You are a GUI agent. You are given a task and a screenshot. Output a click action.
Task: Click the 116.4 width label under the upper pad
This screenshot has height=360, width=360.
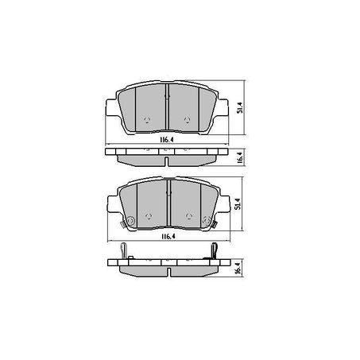click(x=167, y=140)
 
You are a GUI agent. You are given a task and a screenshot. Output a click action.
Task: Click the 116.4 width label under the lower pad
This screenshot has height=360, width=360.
click(x=168, y=237)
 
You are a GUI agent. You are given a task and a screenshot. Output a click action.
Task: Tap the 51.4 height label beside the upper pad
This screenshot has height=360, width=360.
click(x=240, y=106)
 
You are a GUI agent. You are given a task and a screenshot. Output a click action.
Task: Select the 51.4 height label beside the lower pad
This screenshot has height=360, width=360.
click(x=238, y=203)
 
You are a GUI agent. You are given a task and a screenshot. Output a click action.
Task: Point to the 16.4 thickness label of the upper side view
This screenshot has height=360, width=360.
click(x=239, y=158)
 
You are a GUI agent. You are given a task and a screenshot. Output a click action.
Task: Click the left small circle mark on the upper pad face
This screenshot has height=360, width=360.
click(x=147, y=120)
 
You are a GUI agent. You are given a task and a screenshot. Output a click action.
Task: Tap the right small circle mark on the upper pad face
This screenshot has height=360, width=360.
click(x=187, y=120)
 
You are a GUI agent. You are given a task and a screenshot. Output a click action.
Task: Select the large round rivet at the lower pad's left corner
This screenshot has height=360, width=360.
click(x=130, y=220)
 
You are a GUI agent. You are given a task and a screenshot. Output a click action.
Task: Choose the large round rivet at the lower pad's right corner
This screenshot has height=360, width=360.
click(x=207, y=220)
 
